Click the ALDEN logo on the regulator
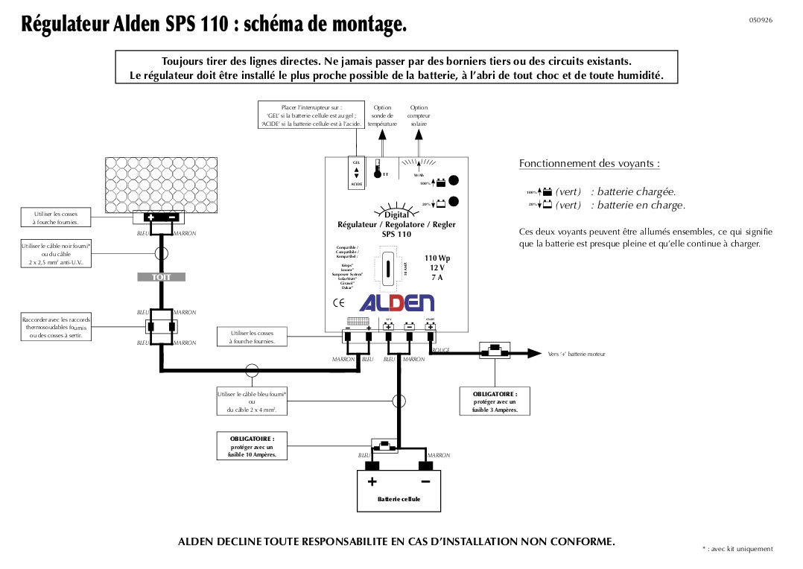coord(396,302)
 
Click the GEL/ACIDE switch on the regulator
coord(356,172)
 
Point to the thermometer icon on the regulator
coord(378,169)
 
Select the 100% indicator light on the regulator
coord(453,180)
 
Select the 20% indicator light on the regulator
coord(453,201)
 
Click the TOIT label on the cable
coord(161,277)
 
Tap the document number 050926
coord(761,20)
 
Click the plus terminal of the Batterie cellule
coord(372,466)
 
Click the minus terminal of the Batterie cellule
coord(425,466)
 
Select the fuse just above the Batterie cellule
coord(384,447)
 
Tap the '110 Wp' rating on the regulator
coord(437,258)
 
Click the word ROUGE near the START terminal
coord(441,349)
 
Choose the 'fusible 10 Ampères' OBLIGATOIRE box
coord(252,446)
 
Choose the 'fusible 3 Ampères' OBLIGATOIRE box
coord(495,401)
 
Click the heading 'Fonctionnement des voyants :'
coord(589,163)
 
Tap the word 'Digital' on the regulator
coord(397,214)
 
